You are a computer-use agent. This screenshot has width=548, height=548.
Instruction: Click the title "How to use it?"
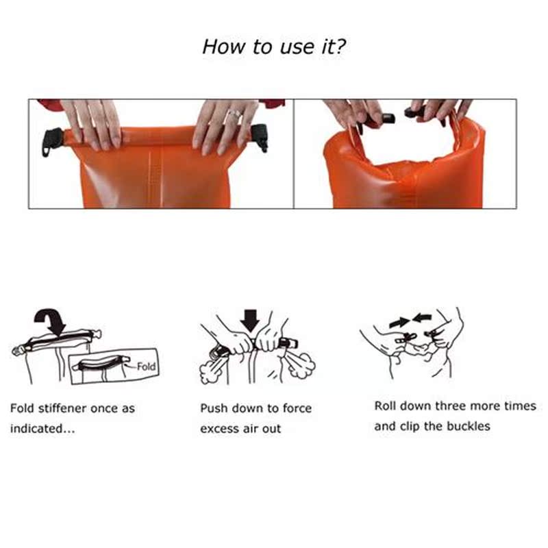pos(273,47)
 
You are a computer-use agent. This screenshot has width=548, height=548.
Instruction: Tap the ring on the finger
pos(234,113)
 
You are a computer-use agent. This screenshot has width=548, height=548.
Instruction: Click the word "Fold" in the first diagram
pos(146,366)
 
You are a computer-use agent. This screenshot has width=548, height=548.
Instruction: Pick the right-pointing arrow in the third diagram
pos(398,321)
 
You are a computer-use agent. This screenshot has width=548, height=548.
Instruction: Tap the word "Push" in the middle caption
pos(214,408)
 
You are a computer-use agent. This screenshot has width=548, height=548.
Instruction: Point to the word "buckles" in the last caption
pos(469,426)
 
